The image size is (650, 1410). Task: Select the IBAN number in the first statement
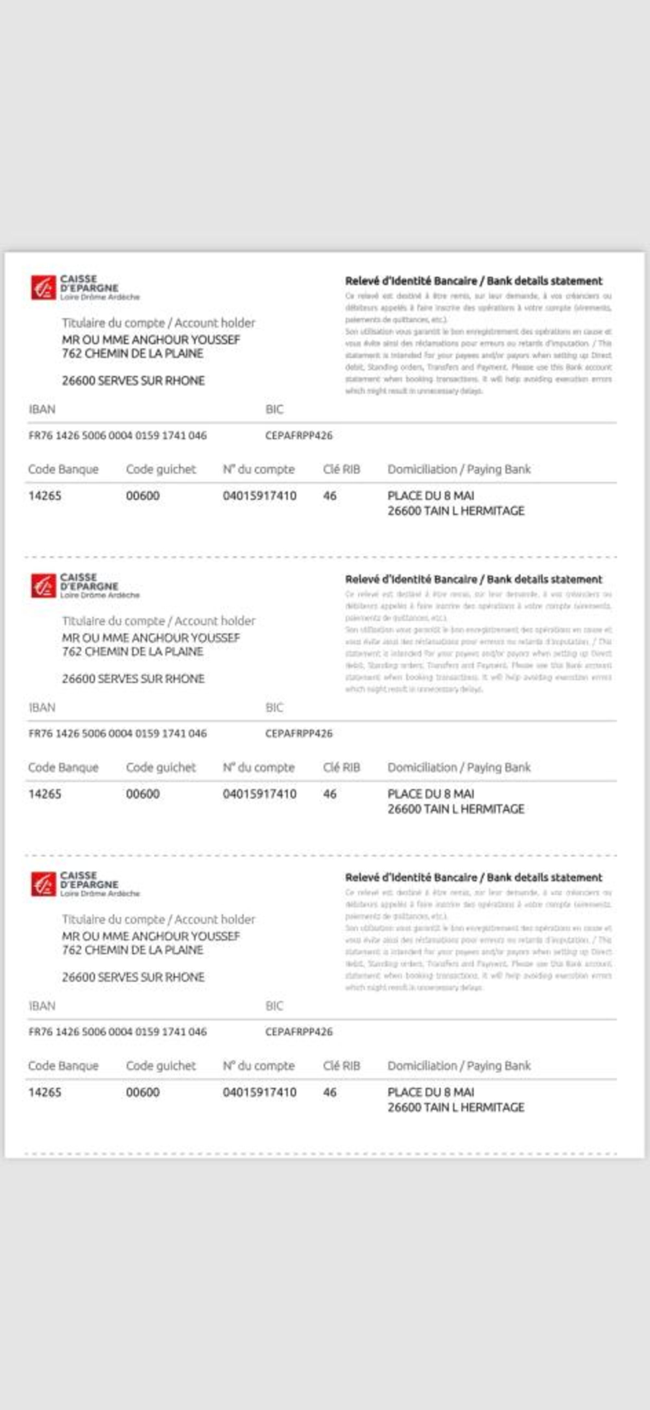118,436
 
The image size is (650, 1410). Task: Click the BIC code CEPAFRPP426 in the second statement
298,733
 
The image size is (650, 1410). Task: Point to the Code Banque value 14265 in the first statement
45,496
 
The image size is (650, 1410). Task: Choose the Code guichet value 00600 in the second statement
143,794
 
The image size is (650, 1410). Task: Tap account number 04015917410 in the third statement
260,1093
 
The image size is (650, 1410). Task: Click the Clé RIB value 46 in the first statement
330,496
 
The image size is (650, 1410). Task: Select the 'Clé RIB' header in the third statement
342,1066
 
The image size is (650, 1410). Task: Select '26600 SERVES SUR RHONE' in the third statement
133,977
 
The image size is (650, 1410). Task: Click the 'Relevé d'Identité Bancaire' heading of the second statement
474,579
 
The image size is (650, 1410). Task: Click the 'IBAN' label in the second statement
42,708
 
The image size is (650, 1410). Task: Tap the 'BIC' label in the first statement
274,409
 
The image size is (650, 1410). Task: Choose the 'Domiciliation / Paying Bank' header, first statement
459,470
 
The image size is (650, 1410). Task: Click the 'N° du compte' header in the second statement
258,768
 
